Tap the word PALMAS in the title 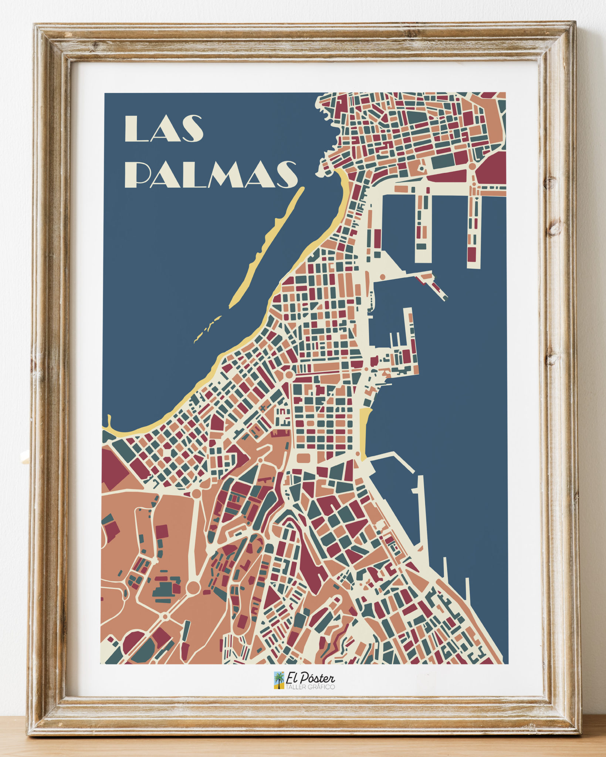214,174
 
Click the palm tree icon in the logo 279,680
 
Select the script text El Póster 310,678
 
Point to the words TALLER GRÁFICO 310,687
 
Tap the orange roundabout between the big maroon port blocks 472,167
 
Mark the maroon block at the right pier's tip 472,254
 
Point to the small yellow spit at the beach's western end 109,421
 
